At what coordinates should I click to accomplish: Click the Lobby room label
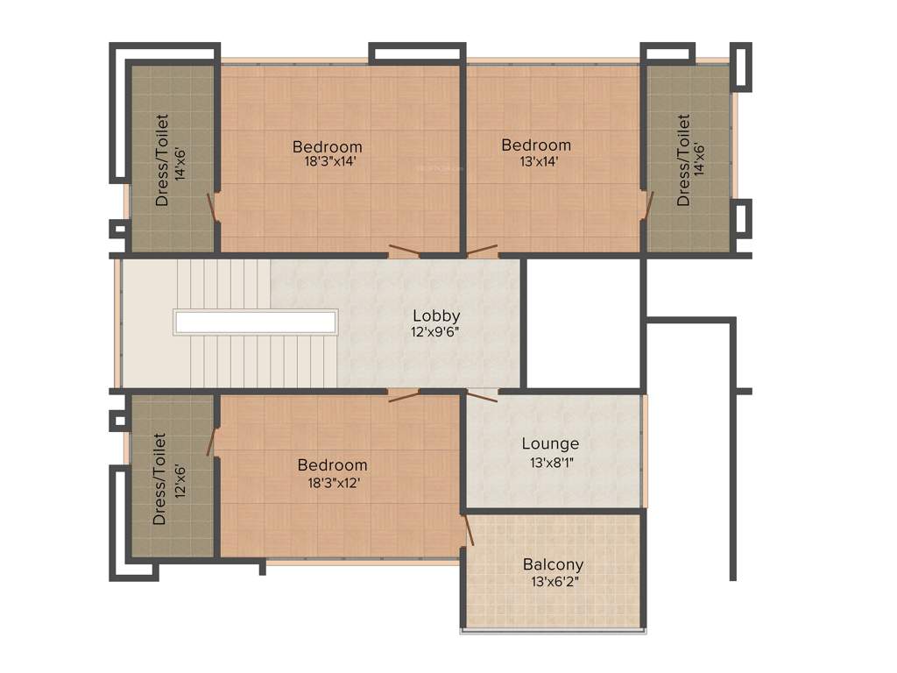pyautogui.click(x=436, y=315)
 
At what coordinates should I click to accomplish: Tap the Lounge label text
pyautogui.click(x=550, y=444)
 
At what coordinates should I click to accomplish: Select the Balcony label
pyautogui.click(x=553, y=564)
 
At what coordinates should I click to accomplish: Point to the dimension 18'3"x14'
pyautogui.click(x=327, y=161)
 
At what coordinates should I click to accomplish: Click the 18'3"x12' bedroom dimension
pyautogui.click(x=332, y=481)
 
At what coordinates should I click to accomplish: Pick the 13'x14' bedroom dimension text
pyautogui.click(x=535, y=161)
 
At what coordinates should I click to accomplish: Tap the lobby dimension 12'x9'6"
pyautogui.click(x=436, y=332)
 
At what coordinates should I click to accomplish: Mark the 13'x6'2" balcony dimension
pyautogui.click(x=553, y=581)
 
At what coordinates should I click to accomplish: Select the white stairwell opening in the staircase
pyautogui.click(x=256, y=322)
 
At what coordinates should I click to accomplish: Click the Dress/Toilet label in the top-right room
pyautogui.click(x=683, y=160)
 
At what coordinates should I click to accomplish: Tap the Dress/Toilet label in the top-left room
pyautogui.click(x=163, y=160)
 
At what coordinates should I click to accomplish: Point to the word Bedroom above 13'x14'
pyautogui.click(x=535, y=145)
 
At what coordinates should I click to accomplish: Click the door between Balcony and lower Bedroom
pyautogui.click(x=469, y=530)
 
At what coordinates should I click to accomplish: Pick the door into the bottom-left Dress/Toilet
pyautogui.click(x=211, y=442)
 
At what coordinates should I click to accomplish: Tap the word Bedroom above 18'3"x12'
pyautogui.click(x=332, y=464)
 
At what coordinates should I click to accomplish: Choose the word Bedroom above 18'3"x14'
pyautogui.click(x=327, y=145)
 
